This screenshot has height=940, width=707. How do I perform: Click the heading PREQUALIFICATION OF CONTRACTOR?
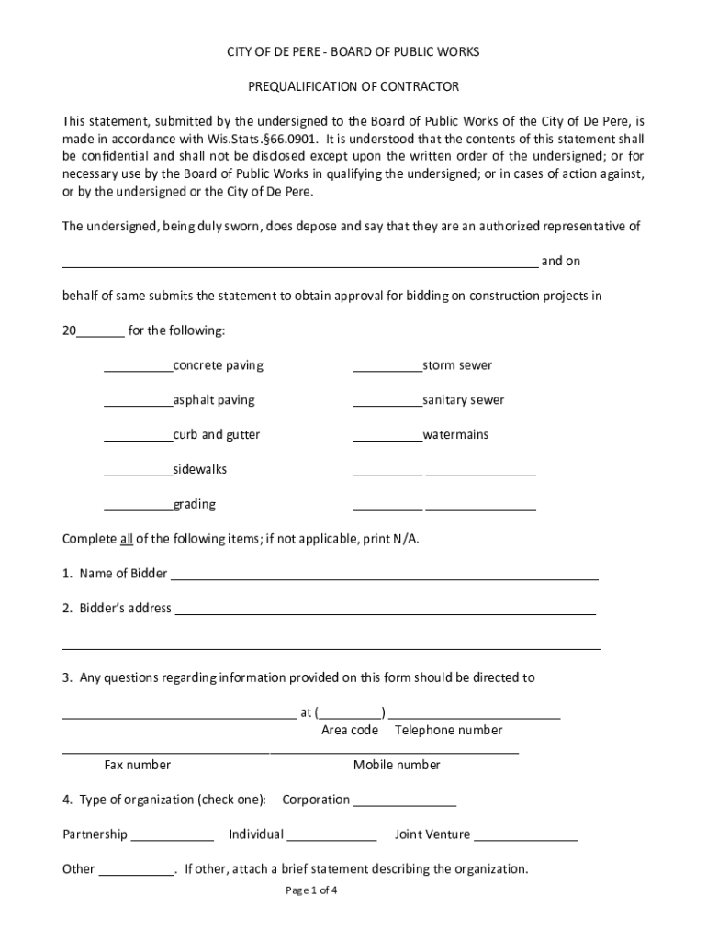point(353,86)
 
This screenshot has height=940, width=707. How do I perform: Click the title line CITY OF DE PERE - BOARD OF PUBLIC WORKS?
point(353,52)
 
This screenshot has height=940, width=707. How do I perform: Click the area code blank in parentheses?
point(351,714)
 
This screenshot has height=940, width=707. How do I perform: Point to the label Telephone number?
point(448,731)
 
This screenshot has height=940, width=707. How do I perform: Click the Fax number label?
point(137,765)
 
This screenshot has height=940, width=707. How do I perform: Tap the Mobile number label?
point(397,765)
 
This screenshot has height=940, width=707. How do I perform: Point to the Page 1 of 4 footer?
point(312,890)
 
